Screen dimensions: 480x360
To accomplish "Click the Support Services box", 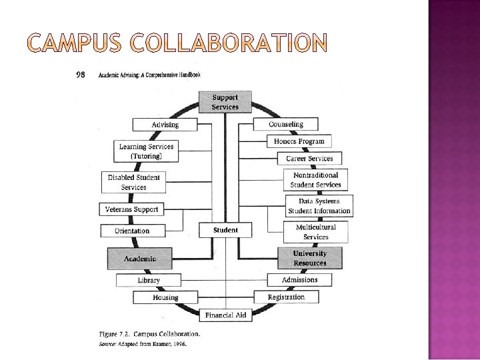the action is pos(225,101).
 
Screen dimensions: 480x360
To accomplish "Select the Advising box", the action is pos(165,125).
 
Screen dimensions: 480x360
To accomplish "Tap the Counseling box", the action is pos(285,125).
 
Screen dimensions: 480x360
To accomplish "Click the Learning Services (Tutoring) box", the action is pos(146,151).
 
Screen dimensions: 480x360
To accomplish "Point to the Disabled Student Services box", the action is pos(133,183).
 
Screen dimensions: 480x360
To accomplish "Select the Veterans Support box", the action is pos(131,209).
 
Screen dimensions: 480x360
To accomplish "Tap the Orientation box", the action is pos(132,231).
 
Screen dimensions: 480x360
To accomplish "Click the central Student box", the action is pos(225,231).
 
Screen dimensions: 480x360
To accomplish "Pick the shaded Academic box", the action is pos(140,259).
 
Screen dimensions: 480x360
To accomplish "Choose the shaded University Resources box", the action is pos(309,258).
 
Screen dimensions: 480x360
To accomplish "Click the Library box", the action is pos(149,281).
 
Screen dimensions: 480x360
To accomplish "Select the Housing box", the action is pos(165,298).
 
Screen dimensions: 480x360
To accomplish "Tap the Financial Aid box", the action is pos(226,315).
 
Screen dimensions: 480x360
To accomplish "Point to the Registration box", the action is pos(286,297).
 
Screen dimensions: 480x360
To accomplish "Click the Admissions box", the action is pos(299,280).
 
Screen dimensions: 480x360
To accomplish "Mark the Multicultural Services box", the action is pos(315,232).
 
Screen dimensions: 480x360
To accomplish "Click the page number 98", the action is pos(81,75).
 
